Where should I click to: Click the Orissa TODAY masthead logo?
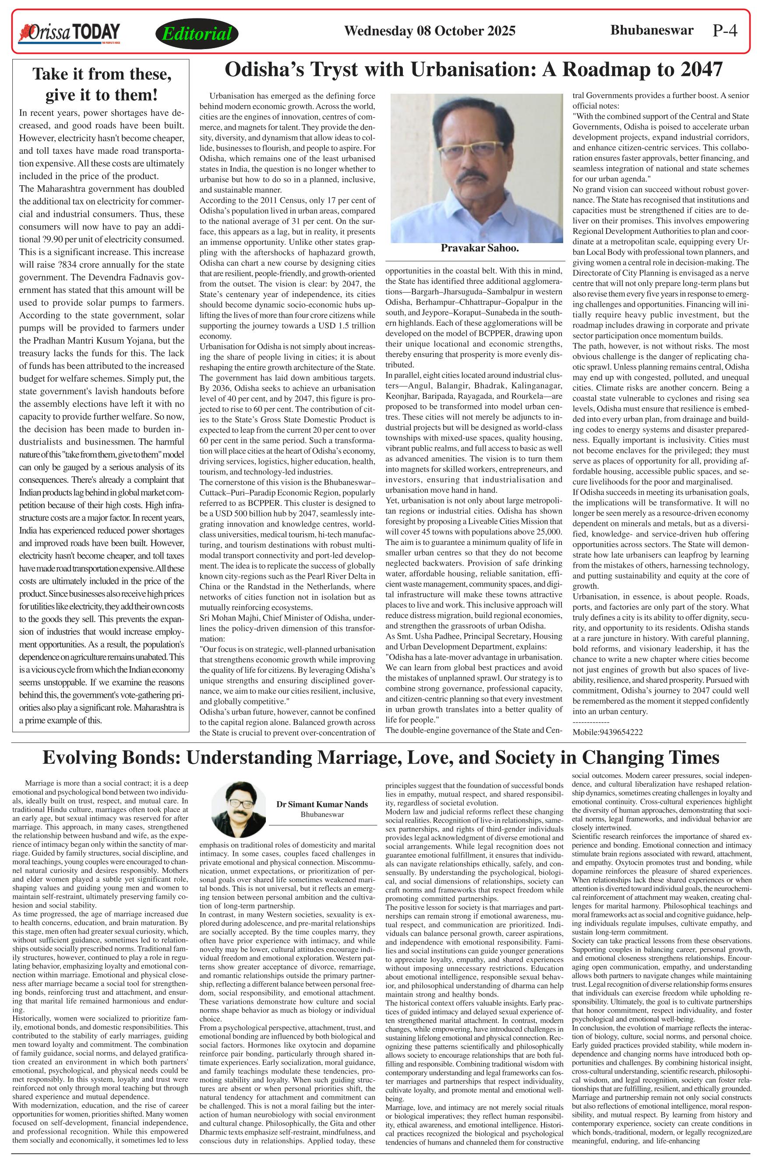pos(69,33)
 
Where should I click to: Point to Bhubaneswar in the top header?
pos(652,30)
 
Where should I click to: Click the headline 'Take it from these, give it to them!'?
pos(101,85)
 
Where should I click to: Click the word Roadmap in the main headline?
pos(607,71)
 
